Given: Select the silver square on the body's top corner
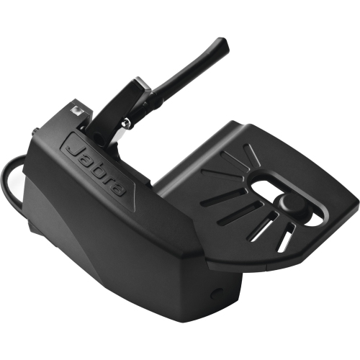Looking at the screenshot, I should [75, 111].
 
